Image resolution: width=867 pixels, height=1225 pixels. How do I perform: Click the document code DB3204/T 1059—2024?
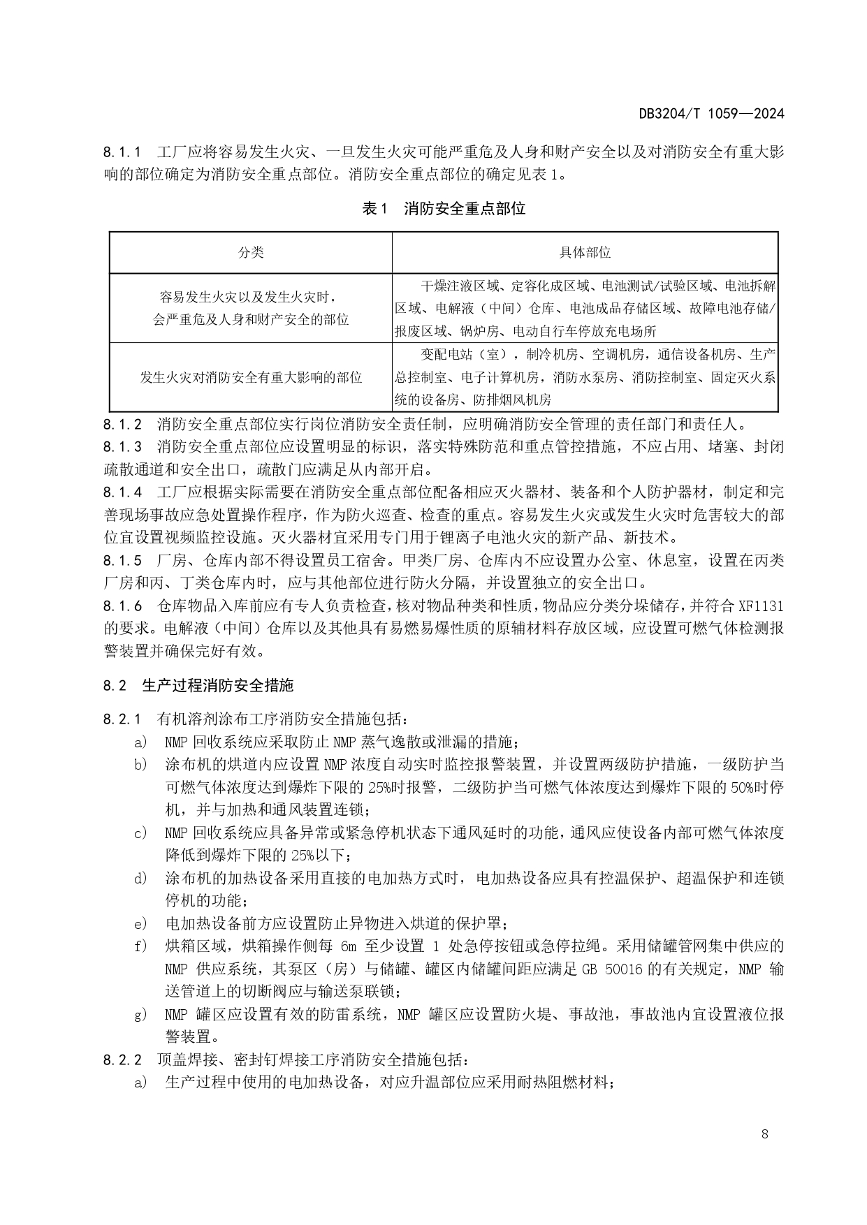click(711, 114)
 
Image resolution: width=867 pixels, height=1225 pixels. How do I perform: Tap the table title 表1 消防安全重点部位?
click(444, 208)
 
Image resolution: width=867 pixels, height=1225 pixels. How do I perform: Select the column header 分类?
click(251, 252)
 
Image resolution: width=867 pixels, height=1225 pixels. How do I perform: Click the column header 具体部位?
click(585, 252)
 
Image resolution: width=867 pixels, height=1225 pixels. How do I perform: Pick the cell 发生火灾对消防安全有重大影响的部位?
click(251, 377)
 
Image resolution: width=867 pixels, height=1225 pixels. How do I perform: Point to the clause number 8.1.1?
click(122, 152)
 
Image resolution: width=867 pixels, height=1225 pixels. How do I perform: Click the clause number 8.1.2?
click(122, 424)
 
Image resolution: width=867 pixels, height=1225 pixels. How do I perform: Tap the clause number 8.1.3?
click(122, 446)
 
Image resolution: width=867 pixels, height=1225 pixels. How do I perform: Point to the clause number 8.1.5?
click(122, 560)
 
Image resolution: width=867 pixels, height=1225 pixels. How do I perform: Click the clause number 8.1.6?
click(122, 606)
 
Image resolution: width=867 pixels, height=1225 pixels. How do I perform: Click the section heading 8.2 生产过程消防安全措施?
click(198, 685)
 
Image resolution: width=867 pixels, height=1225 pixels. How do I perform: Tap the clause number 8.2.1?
click(122, 719)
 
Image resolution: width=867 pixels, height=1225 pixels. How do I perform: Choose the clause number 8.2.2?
click(122, 1059)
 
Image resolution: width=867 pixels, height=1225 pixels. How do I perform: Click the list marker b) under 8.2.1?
click(141, 764)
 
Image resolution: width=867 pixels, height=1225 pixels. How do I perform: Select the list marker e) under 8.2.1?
click(141, 923)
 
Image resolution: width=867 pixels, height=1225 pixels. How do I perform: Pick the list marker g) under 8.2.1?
click(141, 1014)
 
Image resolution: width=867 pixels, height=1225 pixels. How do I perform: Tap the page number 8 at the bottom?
click(765, 1134)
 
